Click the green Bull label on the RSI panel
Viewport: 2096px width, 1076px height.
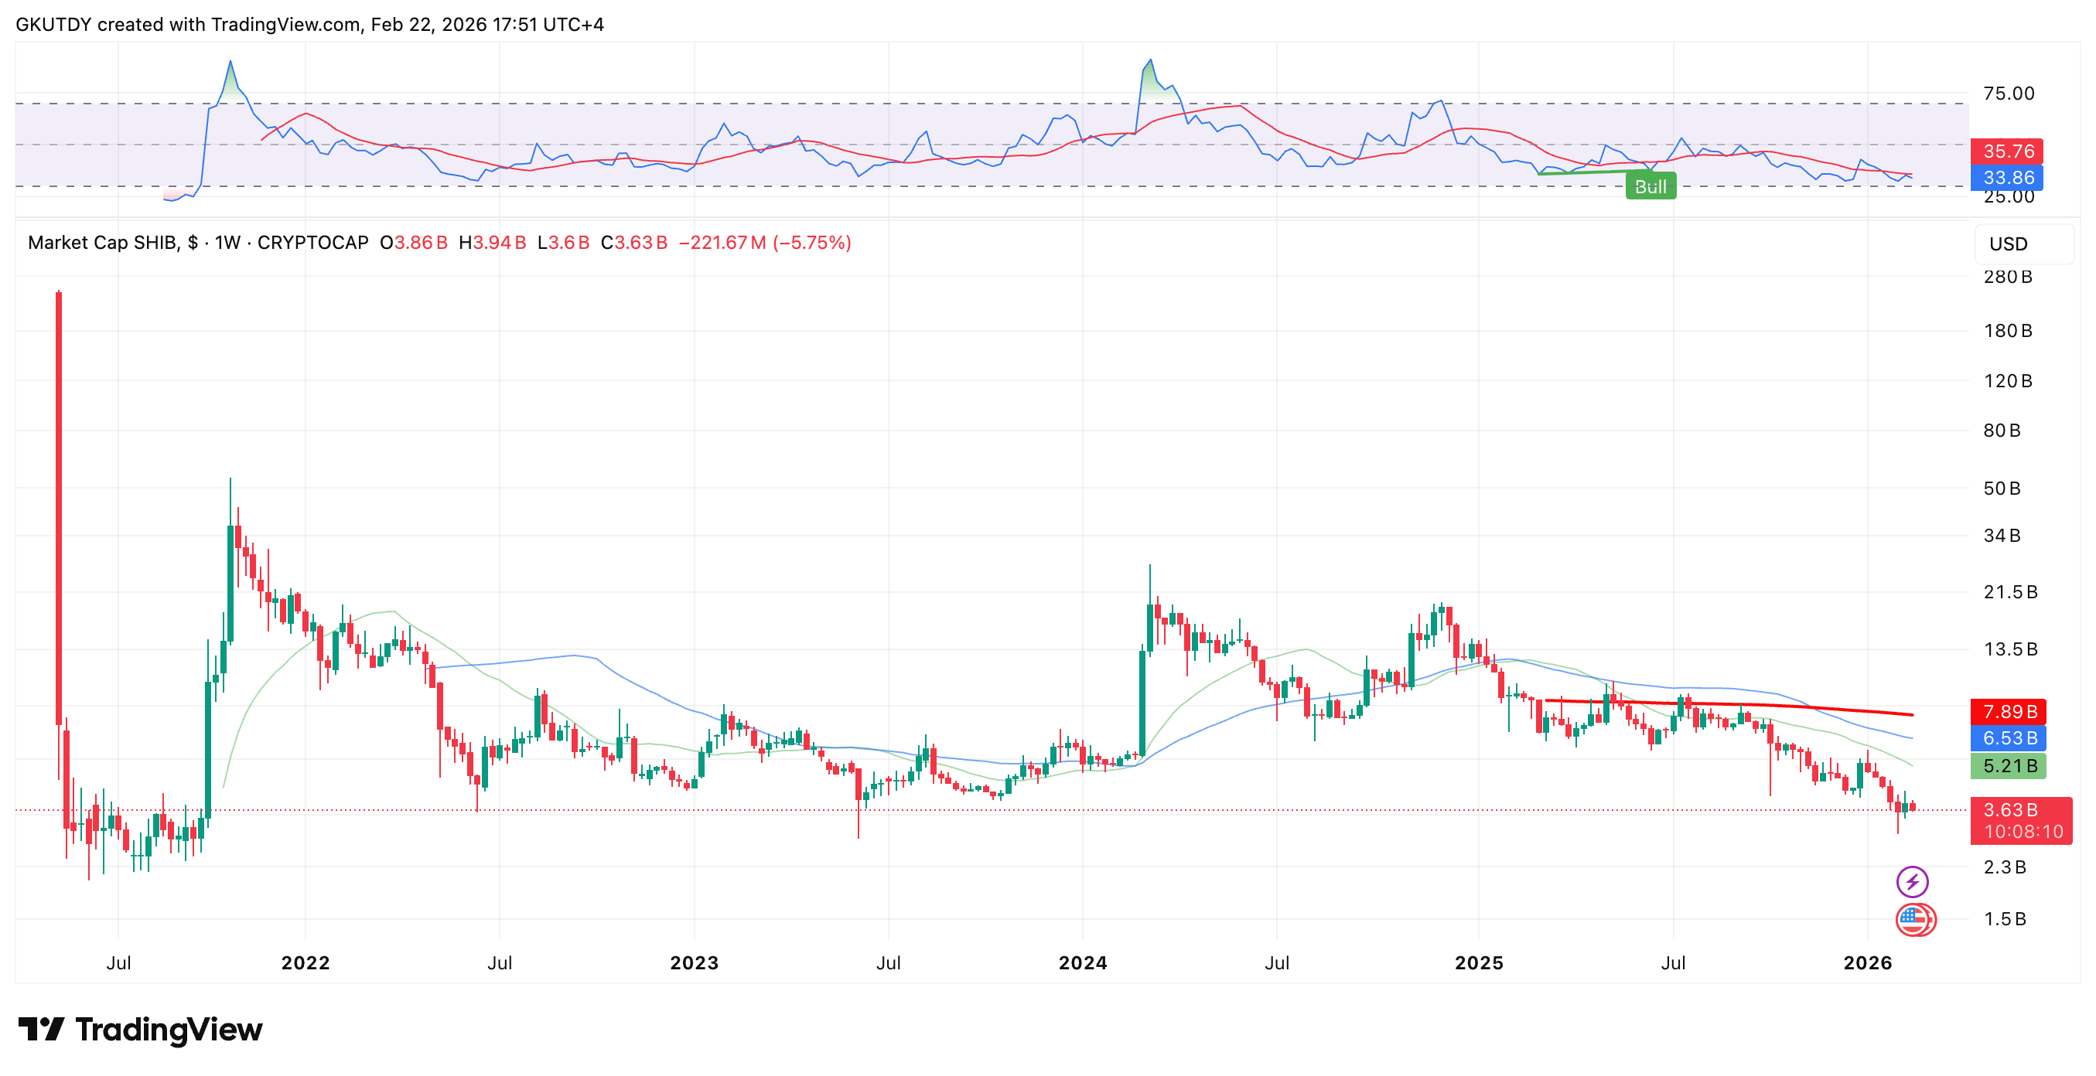tap(1650, 186)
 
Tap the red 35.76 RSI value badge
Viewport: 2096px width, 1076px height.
tap(2007, 152)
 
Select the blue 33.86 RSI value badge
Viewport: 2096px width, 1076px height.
tap(2007, 177)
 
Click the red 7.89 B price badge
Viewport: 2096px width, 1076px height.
tap(2008, 712)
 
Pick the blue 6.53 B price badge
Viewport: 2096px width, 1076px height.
tap(2008, 737)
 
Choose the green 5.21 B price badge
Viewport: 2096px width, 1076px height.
tap(2008, 765)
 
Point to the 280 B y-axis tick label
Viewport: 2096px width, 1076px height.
tap(2007, 277)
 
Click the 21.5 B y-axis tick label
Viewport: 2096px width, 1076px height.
tap(2009, 591)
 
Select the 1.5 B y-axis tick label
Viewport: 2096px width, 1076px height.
tap(2004, 918)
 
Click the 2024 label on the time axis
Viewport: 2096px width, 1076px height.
tap(1082, 963)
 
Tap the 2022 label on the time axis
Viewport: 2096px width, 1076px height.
tap(306, 963)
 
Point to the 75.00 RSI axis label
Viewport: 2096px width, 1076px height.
tap(2008, 93)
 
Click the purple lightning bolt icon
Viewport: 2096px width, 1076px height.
tap(1912, 880)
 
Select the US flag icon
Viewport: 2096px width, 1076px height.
tap(1913, 920)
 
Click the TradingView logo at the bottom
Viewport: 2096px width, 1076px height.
tap(140, 1030)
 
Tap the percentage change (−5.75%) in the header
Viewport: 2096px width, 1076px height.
tap(811, 243)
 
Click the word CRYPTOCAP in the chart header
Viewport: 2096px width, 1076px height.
tap(312, 243)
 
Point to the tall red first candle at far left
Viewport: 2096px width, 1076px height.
tap(59, 504)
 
